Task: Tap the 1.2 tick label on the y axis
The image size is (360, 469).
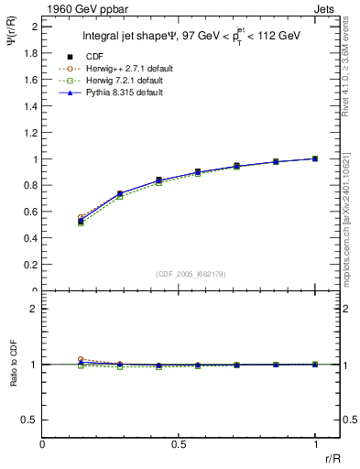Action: pyautogui.click(x=30, y=133)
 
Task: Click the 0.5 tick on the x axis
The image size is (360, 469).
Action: pyautogui.click(x=179, y=443)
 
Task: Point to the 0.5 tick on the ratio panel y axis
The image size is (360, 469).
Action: pyautogui.click(x=30, y=420)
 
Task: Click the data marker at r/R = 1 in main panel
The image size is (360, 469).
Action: pyautogui.click(x=315, y=158)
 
